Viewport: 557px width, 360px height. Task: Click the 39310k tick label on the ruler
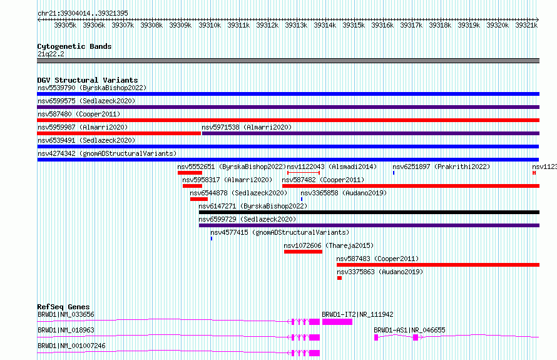coord(210,25)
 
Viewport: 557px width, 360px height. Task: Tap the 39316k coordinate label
coord(382,25)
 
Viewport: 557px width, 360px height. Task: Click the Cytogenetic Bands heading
coord(74,46)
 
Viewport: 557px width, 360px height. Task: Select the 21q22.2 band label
coord(51,54)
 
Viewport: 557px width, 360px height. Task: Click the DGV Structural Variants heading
coord(88,80)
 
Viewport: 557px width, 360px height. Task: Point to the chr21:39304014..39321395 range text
coord(83,13)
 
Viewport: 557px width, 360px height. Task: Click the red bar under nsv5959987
coord(119,133)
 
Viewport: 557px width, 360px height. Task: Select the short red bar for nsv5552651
coord(190,173)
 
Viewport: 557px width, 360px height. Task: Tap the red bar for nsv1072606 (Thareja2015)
coord(303,252)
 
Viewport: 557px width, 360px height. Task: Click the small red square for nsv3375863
coord(339,278)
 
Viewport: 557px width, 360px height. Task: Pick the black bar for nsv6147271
coord(369,212)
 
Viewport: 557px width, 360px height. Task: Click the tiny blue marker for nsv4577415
coord(212,239)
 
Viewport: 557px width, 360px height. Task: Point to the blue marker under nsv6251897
coord(394,173)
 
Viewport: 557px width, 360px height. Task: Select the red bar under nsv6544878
coord(199,199)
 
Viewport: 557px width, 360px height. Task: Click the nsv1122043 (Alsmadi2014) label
coord(332,167)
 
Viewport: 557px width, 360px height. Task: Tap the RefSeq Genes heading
coord(63,307)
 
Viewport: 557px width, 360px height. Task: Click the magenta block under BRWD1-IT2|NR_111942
coord(337,322)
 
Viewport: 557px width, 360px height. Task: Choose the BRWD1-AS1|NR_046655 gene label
coord(409,330)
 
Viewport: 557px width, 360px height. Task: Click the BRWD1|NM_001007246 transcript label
coord(71,346)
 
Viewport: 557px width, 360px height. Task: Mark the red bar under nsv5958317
coord(192,186)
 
